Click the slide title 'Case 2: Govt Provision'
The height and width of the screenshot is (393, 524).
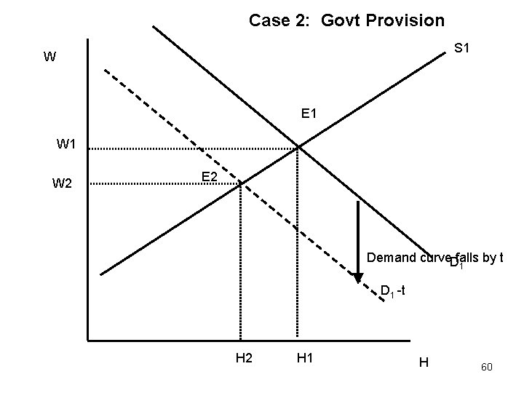346,20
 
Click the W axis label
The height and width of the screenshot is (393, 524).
49,57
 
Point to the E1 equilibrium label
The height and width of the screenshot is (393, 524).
309,114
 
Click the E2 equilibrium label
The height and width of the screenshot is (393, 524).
210,177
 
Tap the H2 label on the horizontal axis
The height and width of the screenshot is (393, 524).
244,357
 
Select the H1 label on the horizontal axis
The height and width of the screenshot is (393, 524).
306,357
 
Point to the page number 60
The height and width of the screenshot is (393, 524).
487,368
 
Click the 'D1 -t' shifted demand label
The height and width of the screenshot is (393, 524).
397,292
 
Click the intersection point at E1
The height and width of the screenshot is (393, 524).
298,148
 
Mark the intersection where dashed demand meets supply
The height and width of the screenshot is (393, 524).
240,183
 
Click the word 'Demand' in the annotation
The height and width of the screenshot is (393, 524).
392,257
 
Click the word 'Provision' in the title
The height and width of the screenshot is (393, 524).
407,20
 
